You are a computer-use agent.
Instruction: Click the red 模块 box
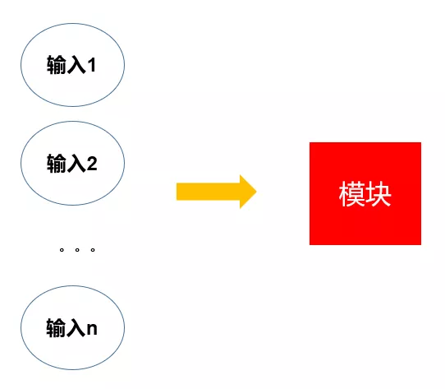click(365, 193)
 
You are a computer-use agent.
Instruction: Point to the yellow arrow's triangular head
click(247, 192)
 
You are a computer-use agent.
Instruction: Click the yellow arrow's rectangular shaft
click(209, 192)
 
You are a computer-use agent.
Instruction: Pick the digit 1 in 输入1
click(92, 65)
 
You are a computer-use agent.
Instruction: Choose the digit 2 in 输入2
click(92, 164)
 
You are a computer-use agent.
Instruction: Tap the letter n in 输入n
click(92, 329)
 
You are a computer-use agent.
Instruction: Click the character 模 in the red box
click(351, 194)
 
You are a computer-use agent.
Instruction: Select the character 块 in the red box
click(378, 194)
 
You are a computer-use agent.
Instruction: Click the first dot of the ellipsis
click(62, 250)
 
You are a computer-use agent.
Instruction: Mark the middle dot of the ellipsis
click(77, 250)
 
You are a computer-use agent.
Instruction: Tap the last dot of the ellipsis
click(93, 250)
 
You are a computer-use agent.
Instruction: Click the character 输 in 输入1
click(57, 65)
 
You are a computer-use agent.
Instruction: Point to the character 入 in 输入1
click(76, 65)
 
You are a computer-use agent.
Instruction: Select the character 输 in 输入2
click(57, 163)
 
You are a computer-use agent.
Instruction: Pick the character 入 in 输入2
click(76, 164)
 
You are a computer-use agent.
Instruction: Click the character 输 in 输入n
click(56, 327)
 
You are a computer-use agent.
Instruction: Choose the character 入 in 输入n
click(76, 328)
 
